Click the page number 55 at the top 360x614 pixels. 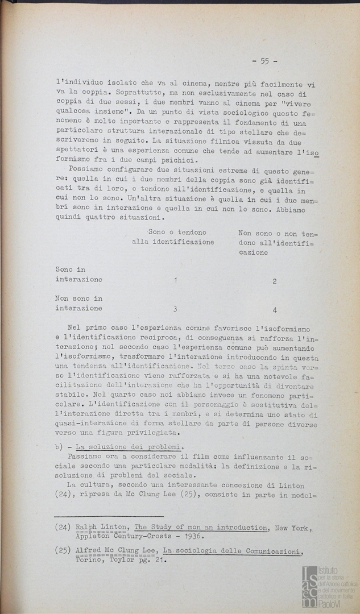point(264,61)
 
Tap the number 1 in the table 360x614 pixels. point(175,280)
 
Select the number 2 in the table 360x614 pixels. point(275,281)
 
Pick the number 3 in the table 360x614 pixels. point(175,309)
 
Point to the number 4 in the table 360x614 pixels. point(275,310)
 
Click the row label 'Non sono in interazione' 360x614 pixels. point(78,303)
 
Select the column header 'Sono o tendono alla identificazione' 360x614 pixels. point(173,237)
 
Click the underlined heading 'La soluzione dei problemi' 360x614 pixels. point(129,446)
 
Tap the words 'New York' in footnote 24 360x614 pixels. point(292,528)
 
